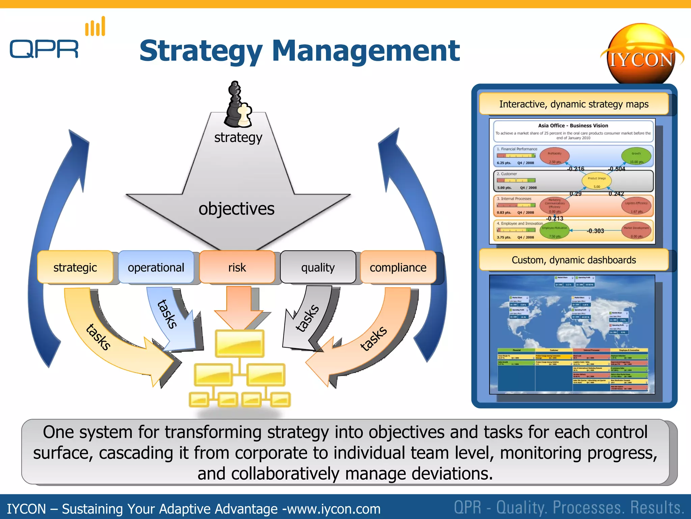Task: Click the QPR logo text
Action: pyautogui.click(x=44, y=49)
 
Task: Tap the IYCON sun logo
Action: pyautogui.click(x=641, y=54)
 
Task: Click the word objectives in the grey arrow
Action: pyautogui.click(x=236, y=209)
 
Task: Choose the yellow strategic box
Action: pyautogui.click(x=75, y=267)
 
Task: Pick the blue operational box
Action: pyautogui.click(x=156, y=267)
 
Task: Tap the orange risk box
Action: pyautogui.click(x=237, y=267)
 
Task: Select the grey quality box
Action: pyautogui.click(x=318, y=267)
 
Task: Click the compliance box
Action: pyautogui.click(x=398, y=267)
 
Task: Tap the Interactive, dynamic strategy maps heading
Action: pyautogui.click(x=574, y=104)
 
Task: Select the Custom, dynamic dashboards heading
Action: pyautogui.click(x=574, y=260)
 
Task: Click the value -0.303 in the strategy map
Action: pyautogui.click(x=595, y=231)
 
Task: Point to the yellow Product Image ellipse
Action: pyautogui.click(x=597, y=181)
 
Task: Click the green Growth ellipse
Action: pyautogui.click(x=636, y=156)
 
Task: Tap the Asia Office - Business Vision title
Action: pyautogui.click(x=573, y=125)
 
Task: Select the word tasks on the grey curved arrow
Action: pyautogui.click(x=307, y=318)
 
